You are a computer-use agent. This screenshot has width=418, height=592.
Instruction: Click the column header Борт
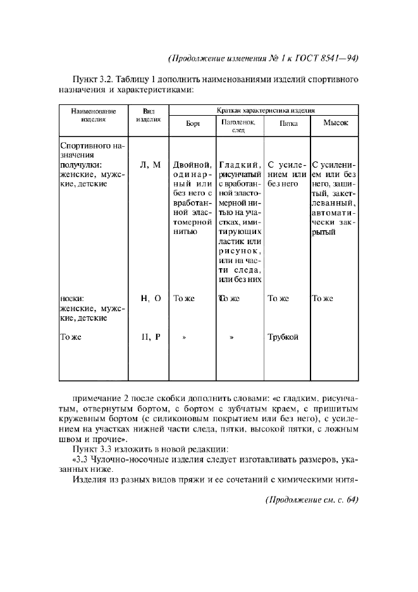coord(193,124)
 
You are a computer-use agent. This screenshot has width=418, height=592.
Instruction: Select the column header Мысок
coord(336,123)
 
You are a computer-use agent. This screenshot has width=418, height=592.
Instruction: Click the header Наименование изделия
coord(93,114)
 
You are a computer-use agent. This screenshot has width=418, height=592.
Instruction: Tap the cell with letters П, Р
coord(150,336)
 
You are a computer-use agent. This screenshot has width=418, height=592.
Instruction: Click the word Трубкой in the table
coord(283,336)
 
